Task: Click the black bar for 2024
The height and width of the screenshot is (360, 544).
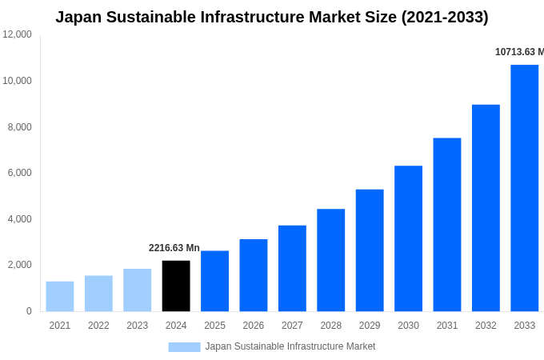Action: click(176, 286)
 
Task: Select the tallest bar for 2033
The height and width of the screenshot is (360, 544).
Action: click(524, 188)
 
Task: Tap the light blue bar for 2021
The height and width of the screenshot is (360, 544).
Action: click(60, 296)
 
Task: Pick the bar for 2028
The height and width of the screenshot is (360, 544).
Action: click(330, 260)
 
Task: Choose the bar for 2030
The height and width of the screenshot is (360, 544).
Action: click(408, 238)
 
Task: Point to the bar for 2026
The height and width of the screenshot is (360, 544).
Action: click(254, 275)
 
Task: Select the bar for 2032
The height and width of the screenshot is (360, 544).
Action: click(486, 208)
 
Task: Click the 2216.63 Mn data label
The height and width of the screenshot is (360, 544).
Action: click(174, 248)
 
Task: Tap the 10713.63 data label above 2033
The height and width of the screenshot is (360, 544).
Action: click(519, 52)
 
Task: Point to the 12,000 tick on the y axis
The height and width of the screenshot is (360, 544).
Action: click(18, 34)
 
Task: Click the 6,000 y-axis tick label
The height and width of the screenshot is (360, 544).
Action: click(20, 173)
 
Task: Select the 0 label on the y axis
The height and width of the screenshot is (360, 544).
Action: click(29, 311)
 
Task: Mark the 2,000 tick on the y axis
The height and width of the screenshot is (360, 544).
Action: click(20, 265)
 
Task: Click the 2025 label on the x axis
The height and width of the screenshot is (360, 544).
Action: click(214, 326)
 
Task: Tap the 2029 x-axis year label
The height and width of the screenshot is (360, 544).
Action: click(370, 326)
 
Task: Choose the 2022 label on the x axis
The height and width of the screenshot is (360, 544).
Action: click(98, 326)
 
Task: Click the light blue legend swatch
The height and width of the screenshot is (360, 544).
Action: click(184, 347)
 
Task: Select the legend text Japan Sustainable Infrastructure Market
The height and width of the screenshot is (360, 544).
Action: click(290, 346)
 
